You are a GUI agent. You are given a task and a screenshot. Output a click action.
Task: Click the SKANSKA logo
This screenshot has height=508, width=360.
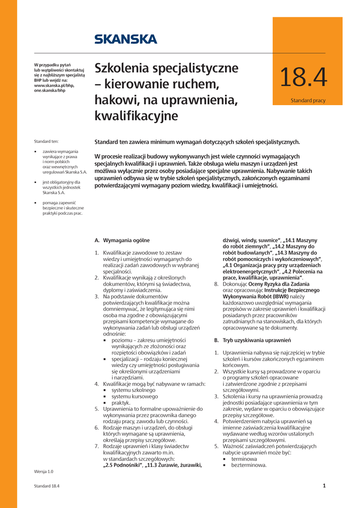pos(126,39)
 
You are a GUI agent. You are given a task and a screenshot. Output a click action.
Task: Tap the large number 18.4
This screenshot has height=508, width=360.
pos(303,77)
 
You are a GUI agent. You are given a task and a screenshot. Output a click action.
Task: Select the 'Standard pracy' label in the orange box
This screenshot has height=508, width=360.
pos(308,101)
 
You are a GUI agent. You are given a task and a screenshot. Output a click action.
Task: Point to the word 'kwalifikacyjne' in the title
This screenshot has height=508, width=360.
pos(136,117)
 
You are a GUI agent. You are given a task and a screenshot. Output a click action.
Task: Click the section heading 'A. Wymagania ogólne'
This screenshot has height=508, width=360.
pos(122,240)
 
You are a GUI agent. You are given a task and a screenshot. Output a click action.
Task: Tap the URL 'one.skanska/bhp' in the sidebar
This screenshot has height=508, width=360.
pos(50,91)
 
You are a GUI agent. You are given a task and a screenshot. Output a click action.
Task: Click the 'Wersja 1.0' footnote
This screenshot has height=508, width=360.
pos(43,471)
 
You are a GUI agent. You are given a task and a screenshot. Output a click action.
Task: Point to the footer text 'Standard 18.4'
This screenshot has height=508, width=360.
pos(47,486)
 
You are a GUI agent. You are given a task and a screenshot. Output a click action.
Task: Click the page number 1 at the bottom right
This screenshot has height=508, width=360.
pos(324,486)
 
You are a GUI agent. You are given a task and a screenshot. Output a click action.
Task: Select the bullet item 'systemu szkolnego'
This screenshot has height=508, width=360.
pos(134,390)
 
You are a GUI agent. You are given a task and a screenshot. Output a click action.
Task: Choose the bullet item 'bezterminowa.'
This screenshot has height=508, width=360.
pos(245,465)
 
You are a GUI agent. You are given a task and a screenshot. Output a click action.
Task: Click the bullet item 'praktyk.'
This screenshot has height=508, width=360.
pos(121,402)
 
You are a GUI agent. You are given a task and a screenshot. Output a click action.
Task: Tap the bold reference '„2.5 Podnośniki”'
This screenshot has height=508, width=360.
pos(122,465)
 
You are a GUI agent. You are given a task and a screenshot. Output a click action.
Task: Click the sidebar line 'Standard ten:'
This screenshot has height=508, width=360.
pos(46,141)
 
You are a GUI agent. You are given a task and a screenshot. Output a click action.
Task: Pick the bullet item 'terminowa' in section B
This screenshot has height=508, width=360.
pos(240,459)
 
